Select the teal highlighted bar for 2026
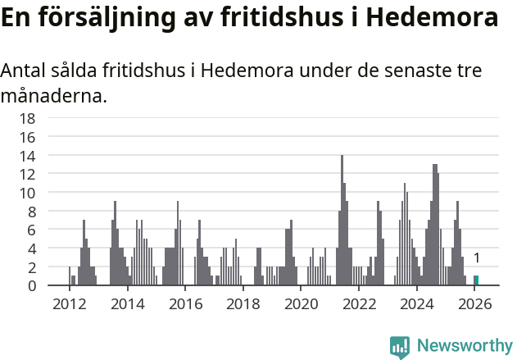(476, 280)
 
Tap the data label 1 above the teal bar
(477, 258)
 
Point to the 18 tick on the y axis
(28, 118)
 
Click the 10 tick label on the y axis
(28, 193)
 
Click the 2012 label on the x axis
(70, 304)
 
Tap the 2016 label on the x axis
(186, 304)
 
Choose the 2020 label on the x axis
(302, 304)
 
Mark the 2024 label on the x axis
(417, 304)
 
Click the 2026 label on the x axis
(475, 304)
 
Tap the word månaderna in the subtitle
(54, 97)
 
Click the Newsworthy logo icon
(400, 346)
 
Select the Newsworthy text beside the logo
(464, 346)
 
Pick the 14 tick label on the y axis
(28, 156)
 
